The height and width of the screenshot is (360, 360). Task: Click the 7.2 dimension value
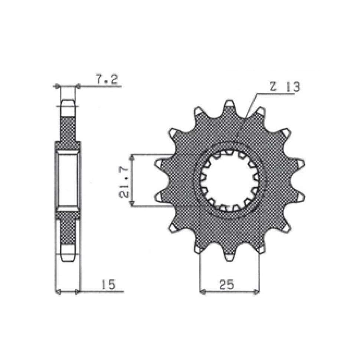pyautogui.click(x=106, y=79)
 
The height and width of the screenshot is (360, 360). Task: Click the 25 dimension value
pyautogui.click(x=226, y=284)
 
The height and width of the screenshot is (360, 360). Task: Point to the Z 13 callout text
pyautogui.click(x=285, y=87)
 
